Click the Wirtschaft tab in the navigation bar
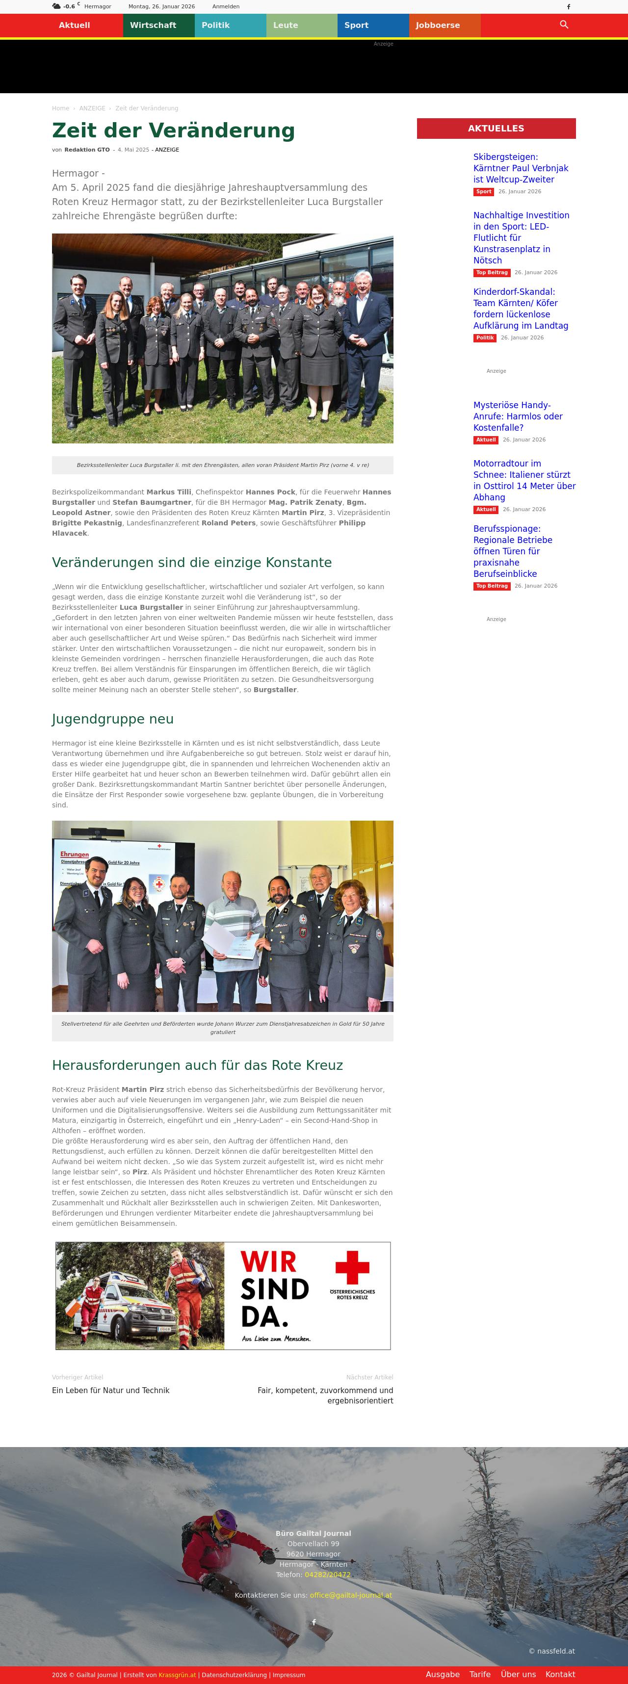click(153, 26)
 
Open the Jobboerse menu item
click(438, 26)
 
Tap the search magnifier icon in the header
click(564, 25)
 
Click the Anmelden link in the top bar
click(226, 6)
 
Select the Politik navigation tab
click(215, 26)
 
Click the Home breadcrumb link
click(60, 108)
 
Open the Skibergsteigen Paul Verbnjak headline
click(521, 168)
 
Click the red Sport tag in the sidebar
click(483, 191)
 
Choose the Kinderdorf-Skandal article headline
click(521, 309)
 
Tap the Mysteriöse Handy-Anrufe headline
click(518, 416)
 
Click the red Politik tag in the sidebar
click(485, 338)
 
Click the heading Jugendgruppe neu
click(112, 719)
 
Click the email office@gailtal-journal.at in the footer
click(351, 1595)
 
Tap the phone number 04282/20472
click(327, 1575)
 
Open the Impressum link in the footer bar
click(288, 1675)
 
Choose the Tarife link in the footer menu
click(479, 1674)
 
